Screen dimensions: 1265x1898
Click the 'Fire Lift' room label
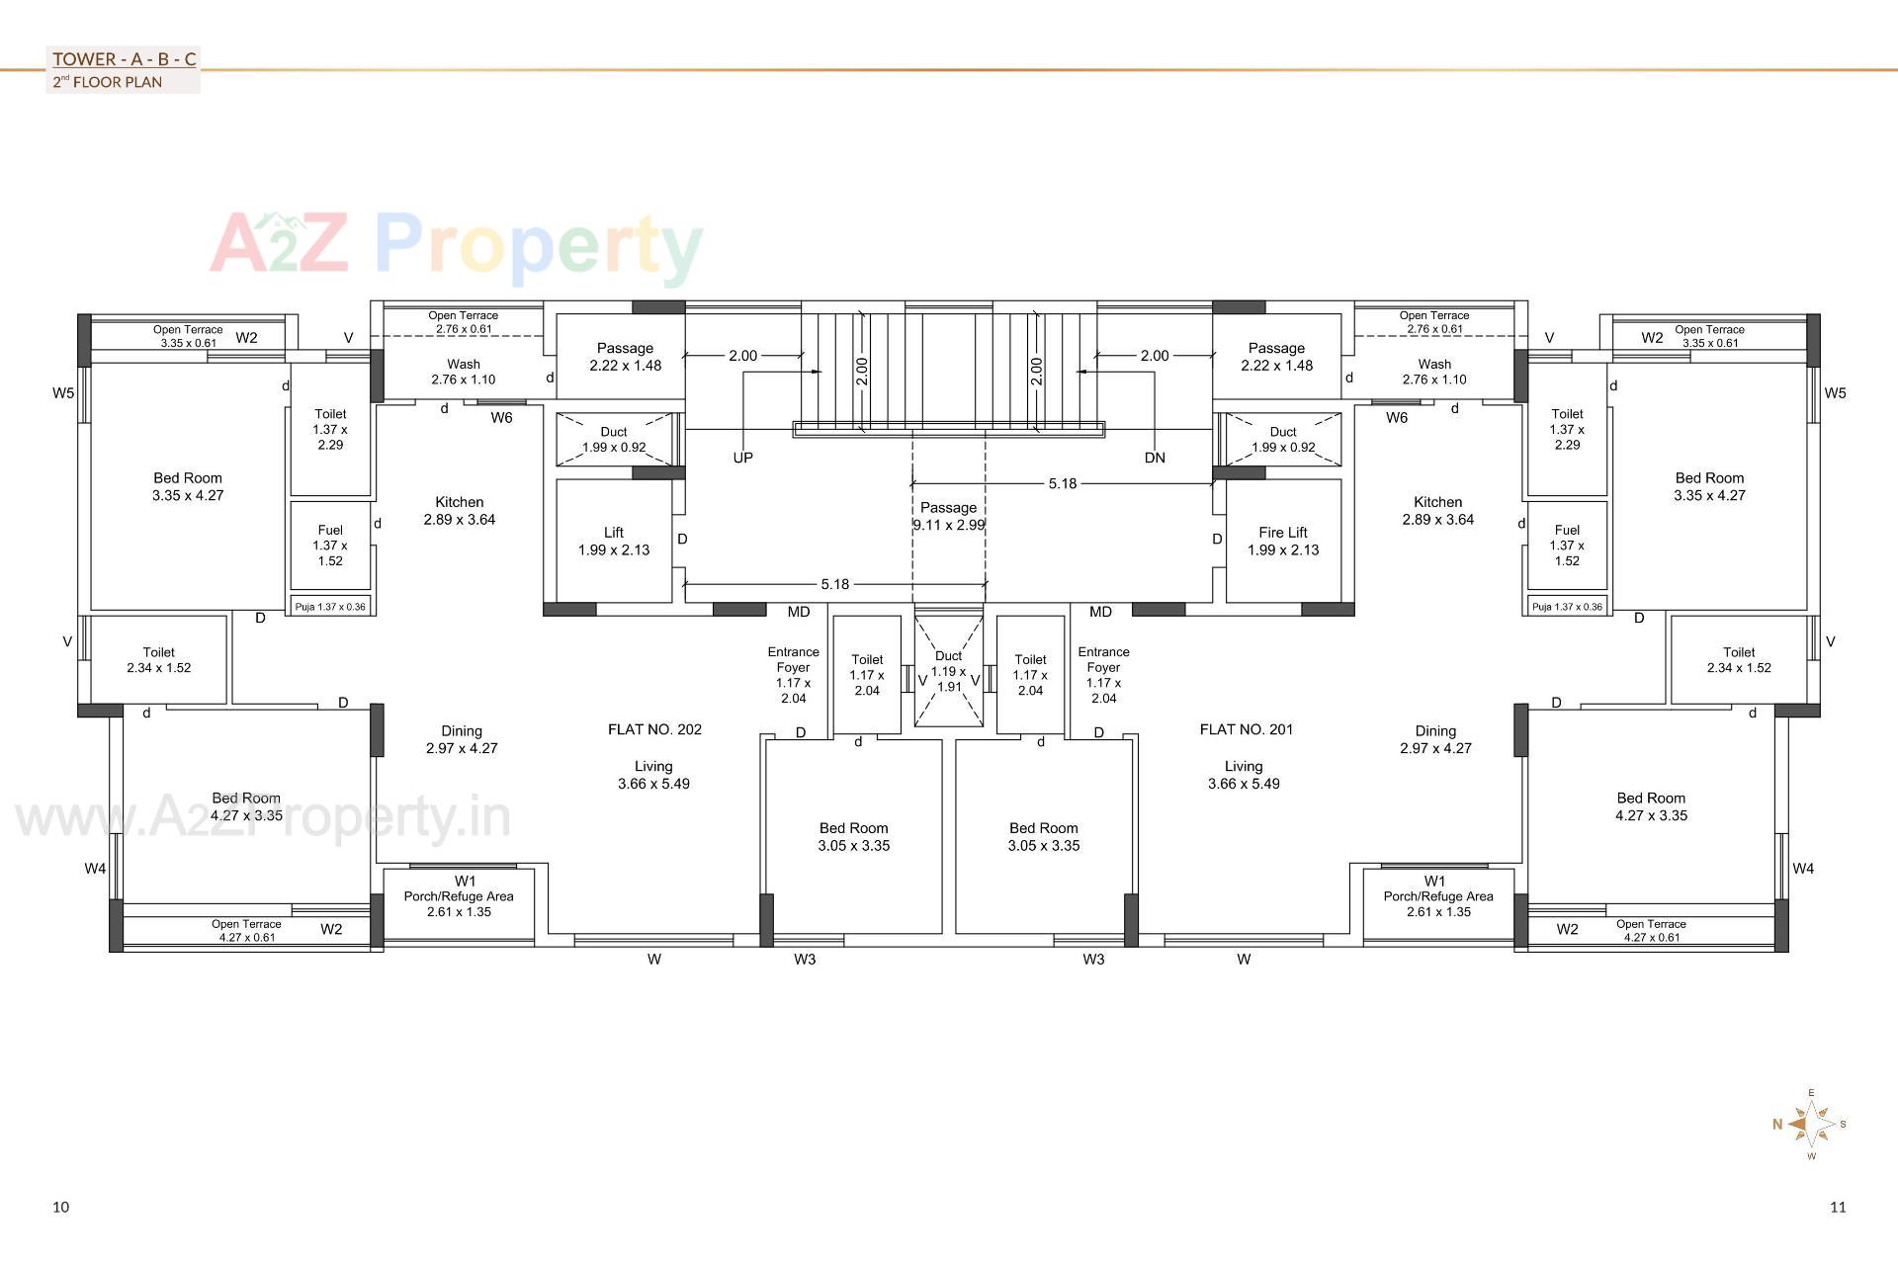tap(1283, 533)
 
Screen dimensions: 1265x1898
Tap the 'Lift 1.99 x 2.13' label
tap(614, 541)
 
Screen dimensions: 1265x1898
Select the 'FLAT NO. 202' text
tap(654, 729)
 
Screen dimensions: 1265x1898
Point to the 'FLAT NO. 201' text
tap(1246, 729)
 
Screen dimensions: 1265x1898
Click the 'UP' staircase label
tap(742, 458)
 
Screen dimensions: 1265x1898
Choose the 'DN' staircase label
tap(1155, 458)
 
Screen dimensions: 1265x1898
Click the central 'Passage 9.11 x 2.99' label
tap(948, 516)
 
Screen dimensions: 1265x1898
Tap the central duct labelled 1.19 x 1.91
tap(949, 671)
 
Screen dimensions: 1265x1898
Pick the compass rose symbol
tap(1811, 1124)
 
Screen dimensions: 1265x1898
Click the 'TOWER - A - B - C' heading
tap(125, 59)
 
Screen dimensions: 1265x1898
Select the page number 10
tap(61, 1207)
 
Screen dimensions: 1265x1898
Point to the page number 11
tap(1838, 1207)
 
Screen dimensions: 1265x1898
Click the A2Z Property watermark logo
tap(456, 245)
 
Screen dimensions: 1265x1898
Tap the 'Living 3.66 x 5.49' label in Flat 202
tap(653, 775)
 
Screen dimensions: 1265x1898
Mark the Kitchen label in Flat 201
tap(1437, 510)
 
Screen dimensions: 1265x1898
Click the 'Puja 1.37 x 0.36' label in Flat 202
tap(330, 607)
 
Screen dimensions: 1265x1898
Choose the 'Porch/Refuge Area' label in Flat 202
tap(459, 896)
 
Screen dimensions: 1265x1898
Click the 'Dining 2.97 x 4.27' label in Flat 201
tap(1435, 739)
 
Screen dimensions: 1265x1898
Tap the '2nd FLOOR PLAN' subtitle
tap(108, 82)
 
